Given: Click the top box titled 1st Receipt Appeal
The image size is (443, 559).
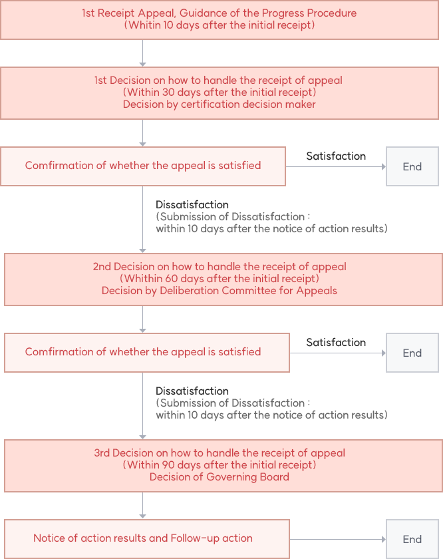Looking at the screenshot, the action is pos(220,19).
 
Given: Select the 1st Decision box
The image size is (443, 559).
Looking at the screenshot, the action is pos(220,93).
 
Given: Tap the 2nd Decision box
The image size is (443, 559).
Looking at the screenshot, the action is pos(223,279).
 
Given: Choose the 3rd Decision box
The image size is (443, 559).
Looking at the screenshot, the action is pos(223,466).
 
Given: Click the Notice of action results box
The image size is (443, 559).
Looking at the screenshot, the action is pos(147,538).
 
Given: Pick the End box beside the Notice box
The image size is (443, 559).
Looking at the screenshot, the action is pos(412,539).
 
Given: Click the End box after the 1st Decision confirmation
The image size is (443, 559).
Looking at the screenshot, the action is pos(412,166).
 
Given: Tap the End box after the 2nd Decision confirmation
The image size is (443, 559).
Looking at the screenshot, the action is pos(412,353).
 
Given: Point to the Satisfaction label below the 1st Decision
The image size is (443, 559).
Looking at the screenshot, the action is pos(336,156).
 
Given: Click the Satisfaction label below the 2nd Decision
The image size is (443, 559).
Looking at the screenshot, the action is pos(336,343).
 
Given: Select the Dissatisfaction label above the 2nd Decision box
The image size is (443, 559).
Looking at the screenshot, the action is pos(192,205).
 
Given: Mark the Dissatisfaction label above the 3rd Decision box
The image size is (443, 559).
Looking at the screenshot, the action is pos(192,391).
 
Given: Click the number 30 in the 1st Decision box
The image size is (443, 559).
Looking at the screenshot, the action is pos(168,93).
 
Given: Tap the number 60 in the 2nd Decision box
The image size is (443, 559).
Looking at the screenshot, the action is pos(171,278).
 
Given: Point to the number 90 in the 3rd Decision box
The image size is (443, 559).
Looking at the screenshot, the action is pos(168,465).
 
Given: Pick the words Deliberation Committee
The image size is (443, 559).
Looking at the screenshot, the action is pos(218,291).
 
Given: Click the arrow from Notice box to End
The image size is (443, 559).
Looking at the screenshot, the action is pos(338,540).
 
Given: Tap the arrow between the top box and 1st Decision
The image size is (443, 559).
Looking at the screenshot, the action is pos(142,53).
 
